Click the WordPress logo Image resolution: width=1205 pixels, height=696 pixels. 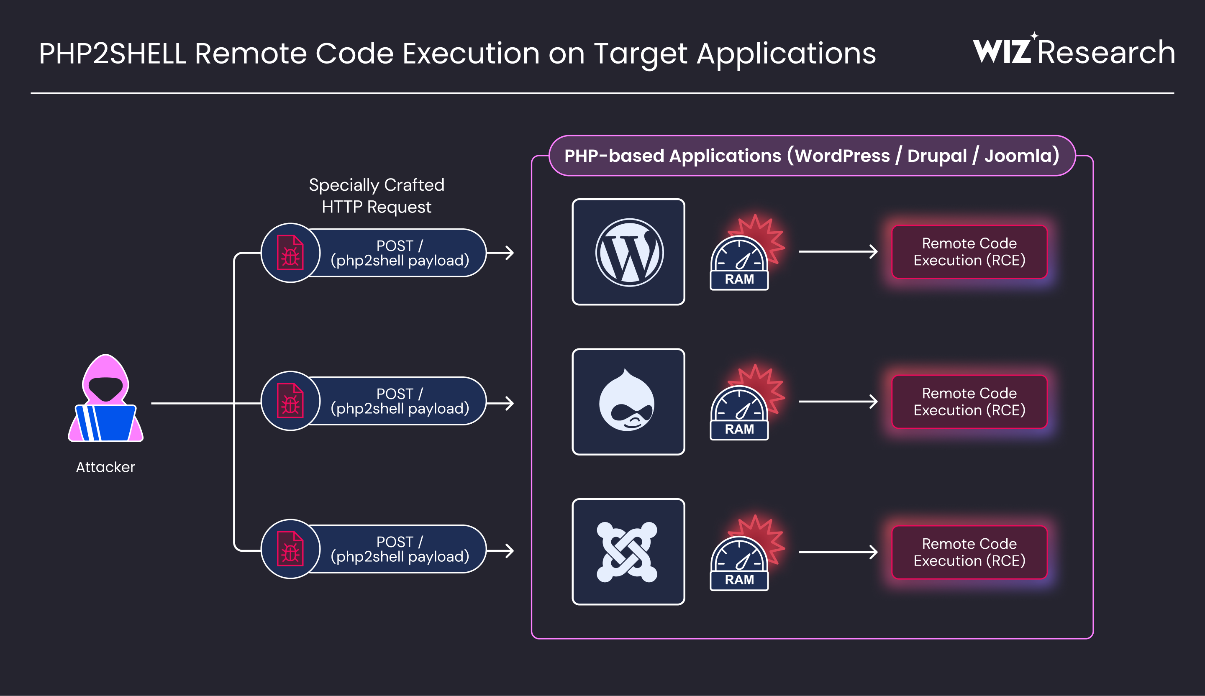[629, 252]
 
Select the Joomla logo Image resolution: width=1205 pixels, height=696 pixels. [627, 552]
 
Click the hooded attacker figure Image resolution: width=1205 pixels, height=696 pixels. [106, 398]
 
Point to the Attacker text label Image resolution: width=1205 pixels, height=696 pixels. [106, 467]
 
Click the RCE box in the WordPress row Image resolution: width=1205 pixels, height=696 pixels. [969, 252]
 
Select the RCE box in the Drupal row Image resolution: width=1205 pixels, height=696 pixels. [969, 402]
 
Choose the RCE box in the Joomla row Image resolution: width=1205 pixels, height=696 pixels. [969, 552]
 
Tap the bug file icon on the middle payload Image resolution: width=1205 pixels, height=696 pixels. [290, 401]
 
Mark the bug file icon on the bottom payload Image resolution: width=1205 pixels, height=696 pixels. [290, 549]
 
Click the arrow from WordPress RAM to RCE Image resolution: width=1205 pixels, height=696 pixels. [838, 251]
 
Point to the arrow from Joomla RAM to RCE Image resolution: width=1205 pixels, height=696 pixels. [838, 552]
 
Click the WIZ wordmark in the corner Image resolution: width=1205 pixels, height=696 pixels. [1003, 50]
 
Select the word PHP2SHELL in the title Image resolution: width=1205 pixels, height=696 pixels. [113, 53]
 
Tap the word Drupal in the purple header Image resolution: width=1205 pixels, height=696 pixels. [937, 156]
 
